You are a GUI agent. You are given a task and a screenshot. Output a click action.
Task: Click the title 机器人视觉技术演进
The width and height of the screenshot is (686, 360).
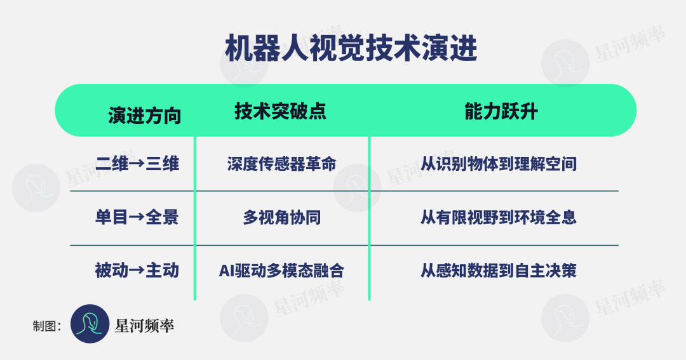tap(351, 48)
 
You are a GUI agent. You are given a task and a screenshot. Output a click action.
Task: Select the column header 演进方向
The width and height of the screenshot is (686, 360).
tap(144, 116)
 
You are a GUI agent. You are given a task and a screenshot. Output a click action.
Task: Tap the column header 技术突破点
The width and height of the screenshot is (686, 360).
tap(281, 111)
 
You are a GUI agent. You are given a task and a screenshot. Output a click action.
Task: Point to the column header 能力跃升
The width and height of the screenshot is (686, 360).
tap(501, 111)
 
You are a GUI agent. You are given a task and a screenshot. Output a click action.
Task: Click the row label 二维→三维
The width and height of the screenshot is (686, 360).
tap(137, 164)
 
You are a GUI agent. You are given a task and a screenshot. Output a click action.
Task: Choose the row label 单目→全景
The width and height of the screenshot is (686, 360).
tap(137, 217)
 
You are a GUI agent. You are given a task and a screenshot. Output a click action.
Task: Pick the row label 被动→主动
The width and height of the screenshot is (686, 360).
tap(137, 270)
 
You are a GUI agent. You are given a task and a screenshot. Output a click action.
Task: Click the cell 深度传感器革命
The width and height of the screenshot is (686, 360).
tap(282, 164)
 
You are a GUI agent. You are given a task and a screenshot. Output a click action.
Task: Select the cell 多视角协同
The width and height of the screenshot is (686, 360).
tap(282, 217)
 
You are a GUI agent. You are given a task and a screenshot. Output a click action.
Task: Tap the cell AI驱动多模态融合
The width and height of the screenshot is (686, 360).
tap(282, 270)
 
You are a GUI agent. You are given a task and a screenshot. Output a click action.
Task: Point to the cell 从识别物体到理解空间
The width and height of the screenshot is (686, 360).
tap(499, 164)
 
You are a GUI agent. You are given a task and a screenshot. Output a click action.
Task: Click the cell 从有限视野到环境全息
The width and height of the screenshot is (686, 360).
tap(499, 217)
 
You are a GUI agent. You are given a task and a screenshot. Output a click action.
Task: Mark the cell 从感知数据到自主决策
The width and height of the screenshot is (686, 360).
tap(499, 270)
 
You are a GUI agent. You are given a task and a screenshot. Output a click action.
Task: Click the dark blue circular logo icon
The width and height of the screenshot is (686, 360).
tap(90, 324)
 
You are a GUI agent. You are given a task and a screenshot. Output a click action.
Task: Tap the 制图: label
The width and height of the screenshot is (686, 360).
tap(47, 326)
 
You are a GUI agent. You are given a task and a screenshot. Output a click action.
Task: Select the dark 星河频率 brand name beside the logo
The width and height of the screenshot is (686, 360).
tap(144, 326)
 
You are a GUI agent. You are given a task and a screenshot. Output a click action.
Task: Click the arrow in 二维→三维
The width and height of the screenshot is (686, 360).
tap(137, 164)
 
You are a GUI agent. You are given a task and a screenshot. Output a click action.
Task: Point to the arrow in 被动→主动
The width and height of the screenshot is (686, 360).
tap(137, 270)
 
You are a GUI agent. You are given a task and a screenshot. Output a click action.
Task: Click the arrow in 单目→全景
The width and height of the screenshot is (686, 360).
tap(137, 217)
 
